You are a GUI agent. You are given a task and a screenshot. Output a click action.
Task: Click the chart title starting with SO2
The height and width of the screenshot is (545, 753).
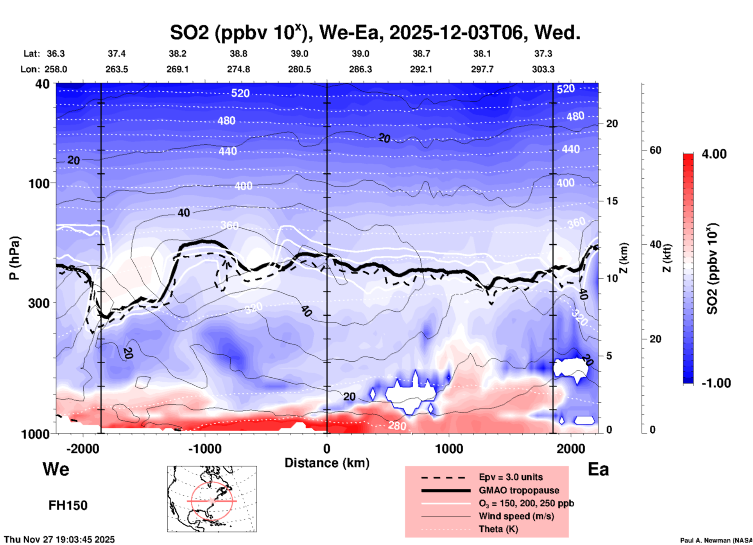tap(375, 32)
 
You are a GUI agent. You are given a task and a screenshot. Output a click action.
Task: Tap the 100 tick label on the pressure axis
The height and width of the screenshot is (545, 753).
tap(39, 183)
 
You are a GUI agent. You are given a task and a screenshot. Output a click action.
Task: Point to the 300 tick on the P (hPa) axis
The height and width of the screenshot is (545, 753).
tap(39, 303)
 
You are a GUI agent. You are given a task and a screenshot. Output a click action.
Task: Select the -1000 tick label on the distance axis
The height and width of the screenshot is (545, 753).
tap(204, 449)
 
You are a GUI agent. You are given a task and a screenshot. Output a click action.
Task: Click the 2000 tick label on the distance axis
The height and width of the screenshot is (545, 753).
tap(571, 449)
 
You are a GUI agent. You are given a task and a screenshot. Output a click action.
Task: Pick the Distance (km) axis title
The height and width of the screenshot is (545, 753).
tap(327, 463)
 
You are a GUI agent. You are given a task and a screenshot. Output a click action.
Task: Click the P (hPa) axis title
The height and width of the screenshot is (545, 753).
tap(14, 258)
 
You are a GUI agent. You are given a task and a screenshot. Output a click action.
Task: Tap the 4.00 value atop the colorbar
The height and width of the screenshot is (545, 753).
tap(714, 154)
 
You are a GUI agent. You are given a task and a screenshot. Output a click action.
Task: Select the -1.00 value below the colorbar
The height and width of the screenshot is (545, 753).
tap(716, 383)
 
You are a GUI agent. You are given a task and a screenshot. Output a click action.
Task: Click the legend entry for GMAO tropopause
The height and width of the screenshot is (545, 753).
tap(519, 490)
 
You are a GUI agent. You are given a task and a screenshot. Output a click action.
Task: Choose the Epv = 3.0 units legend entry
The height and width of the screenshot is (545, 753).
tap(511, 477)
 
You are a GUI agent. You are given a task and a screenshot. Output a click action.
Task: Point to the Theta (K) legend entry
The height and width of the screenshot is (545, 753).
tap(498, 529)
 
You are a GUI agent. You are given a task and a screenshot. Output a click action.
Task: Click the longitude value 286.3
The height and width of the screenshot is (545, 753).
tap(360, 69)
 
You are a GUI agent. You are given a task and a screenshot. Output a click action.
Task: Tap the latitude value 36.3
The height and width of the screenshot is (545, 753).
tap(56, 54)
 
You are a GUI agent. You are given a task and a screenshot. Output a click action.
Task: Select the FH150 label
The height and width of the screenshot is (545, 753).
tap(68, 506)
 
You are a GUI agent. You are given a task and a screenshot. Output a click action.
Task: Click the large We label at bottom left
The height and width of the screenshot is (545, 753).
tap(56, 469)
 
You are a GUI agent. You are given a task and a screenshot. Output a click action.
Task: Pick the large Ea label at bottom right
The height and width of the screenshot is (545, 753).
tap(598, 469)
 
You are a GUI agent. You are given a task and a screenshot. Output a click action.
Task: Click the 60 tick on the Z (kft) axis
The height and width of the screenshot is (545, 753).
tap(655, 150)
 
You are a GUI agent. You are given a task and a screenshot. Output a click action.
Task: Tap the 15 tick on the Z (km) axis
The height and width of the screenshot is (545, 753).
tap(612, 201)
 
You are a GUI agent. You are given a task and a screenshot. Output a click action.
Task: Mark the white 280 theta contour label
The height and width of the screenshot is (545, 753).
tap(397, 426)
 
